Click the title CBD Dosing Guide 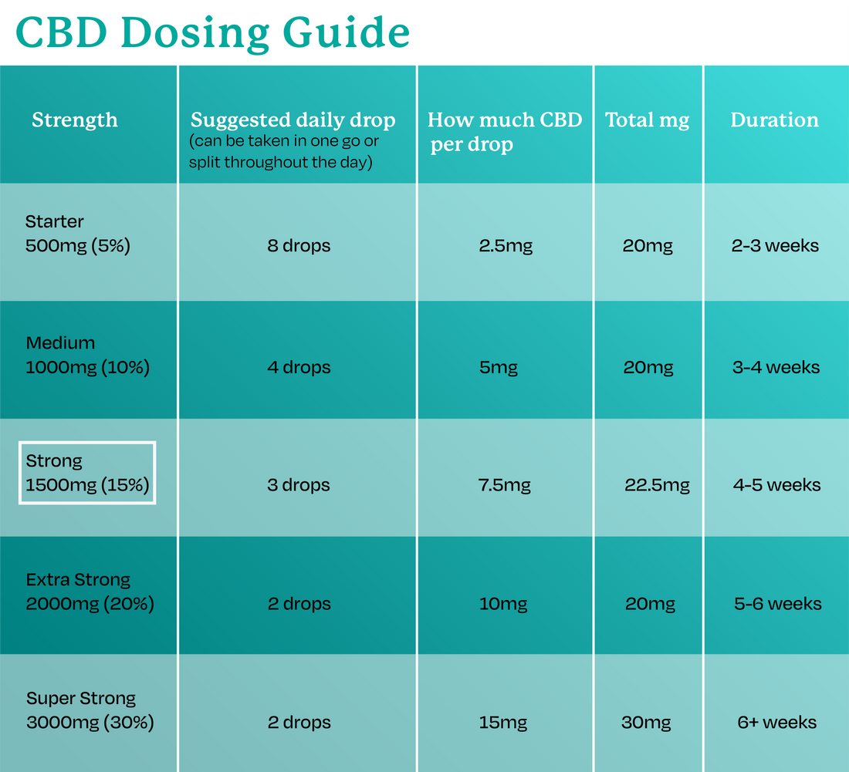(212, 32)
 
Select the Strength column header (75, 120)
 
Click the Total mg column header (647, 120)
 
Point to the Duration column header (774, 120)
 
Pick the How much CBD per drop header (504, 131)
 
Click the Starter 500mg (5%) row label (78, 234)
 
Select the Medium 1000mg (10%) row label (87, 356)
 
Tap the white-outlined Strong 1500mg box (87, 473)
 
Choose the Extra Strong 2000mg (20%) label (90, 592)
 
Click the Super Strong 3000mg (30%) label (90, 710)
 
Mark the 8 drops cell (299, 247)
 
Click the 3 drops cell (299, 485)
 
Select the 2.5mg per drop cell (506, 247)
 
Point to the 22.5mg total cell (657, 485)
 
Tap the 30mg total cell (646, 723)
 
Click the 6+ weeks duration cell (776, 723)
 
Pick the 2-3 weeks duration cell (775, 247)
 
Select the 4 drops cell (299, 367)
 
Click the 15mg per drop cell (502, 723)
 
